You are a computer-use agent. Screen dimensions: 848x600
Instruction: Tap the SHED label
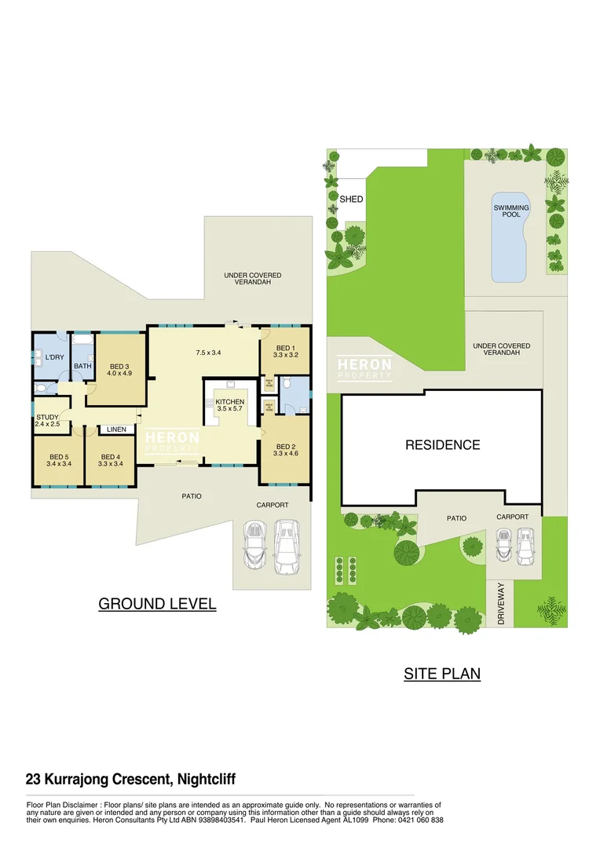click(351, 199)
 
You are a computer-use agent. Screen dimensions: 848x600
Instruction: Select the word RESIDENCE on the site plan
click(442, 445)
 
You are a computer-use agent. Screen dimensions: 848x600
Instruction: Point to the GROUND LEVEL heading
click(157, 604)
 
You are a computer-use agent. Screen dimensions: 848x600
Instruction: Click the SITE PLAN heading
click(442, 674)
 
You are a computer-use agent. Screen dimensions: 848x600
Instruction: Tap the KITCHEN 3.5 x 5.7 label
click(229, 406)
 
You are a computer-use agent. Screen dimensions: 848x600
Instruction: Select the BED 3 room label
click(119, 370)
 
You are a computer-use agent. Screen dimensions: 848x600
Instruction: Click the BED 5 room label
click(60, 461)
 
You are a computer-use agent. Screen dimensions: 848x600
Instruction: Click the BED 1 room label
click(284, 351)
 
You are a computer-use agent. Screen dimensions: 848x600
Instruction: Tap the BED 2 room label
click(284, 449)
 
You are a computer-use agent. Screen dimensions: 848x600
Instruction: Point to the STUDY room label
click(47, 420)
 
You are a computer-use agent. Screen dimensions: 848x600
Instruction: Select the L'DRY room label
click(54, 357)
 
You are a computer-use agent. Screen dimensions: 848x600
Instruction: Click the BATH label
click(83, 366)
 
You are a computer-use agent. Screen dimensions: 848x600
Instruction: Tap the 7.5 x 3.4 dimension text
click(208, 353)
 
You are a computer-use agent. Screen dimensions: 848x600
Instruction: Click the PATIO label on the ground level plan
click(192, 496)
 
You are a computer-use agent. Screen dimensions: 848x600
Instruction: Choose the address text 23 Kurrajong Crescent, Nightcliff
click(130, 780)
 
